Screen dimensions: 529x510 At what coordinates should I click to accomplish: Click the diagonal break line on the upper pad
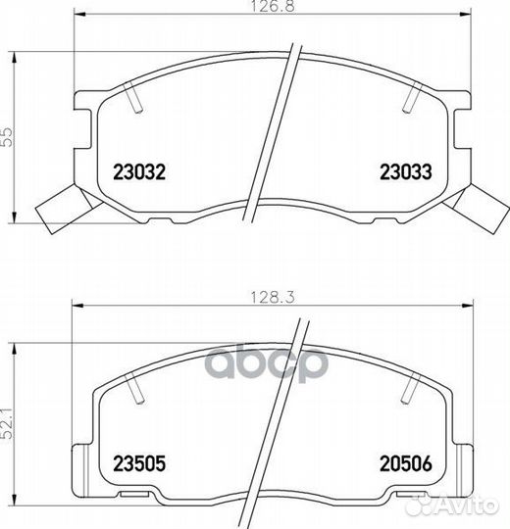point(275,137)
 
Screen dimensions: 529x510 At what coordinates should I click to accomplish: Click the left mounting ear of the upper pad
point(82,108)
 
